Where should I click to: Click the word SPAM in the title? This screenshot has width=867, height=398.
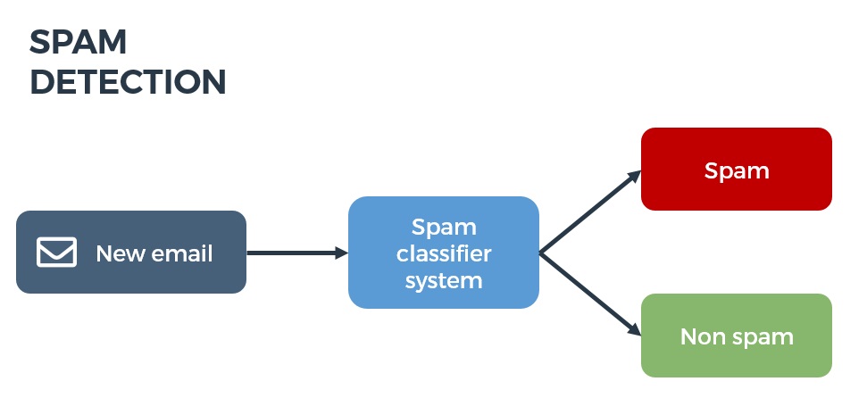click(x=79, y=42)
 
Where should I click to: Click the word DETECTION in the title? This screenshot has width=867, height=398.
click(x=128, y=82)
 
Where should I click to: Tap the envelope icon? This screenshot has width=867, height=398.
click(x=56, y=253)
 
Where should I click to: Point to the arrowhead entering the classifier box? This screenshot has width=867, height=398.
click(x=341, y=253)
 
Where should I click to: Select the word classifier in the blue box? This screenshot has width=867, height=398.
click(x=444, y=254)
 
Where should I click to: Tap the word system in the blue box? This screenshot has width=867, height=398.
click(x=444, y=280)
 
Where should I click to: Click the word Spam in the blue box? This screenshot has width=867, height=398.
click(x=444, y=227)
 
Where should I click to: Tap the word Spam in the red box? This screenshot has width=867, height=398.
click(x=737, y=170)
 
